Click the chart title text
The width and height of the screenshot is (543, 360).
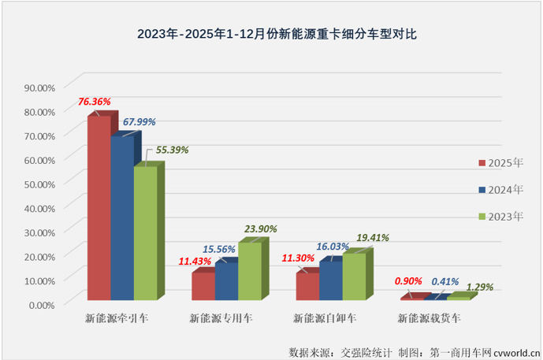(270, 34)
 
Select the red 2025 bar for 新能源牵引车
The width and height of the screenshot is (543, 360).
(99, 209)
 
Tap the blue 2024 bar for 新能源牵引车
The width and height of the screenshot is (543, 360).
(121, 218)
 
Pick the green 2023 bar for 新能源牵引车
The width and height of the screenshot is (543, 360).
(145, 233)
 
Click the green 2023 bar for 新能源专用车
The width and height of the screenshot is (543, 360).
(250, 271)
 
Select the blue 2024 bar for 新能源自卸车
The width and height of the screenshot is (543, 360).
(330, 280)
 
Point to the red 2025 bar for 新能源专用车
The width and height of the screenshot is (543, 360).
(203, 286)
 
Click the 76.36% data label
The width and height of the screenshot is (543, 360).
(94, 102)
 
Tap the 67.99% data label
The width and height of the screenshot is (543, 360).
(139, 122)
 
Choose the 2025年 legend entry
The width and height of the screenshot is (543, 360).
(500, 163)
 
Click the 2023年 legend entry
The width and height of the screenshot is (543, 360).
(500, 216)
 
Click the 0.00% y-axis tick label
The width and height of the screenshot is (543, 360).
(39, 304)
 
